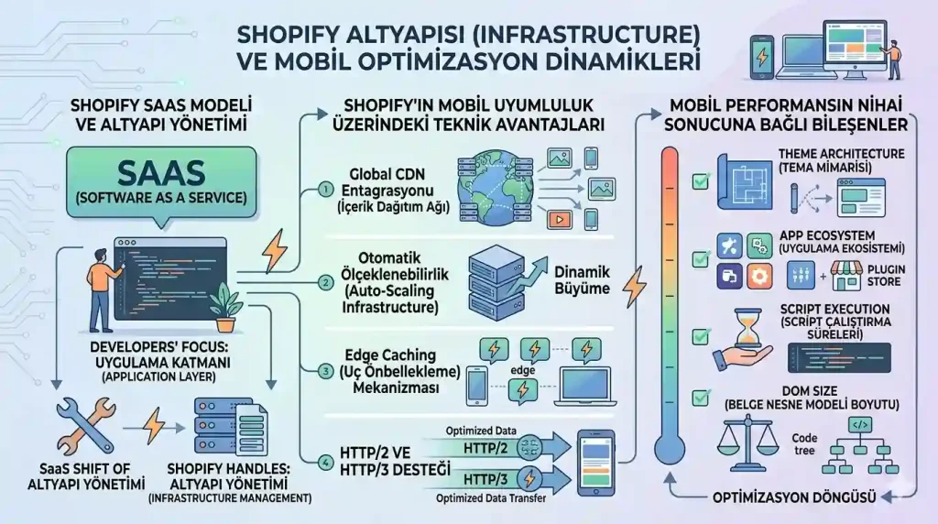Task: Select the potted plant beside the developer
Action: [224, 306]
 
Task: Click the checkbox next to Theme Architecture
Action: [701, 181]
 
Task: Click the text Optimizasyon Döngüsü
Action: [795, 497]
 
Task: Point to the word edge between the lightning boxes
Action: [523, 370]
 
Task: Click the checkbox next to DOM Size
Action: [701, 398]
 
